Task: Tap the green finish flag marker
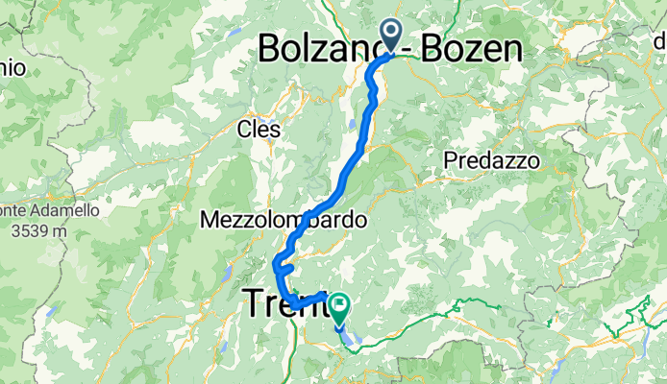point(339,306)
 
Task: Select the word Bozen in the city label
point(471,49)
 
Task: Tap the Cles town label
point(259,128)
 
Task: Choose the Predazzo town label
point(492,161)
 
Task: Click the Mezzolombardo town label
point(284,220)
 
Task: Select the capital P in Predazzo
point(451,161)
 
